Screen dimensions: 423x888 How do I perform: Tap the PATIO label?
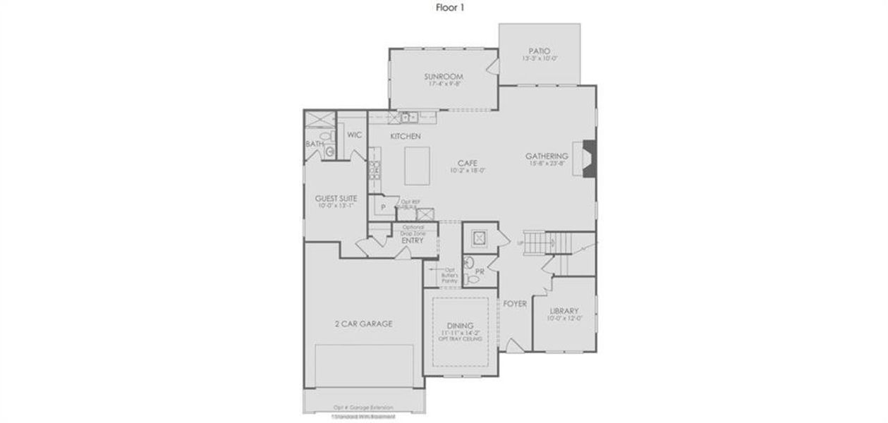[540, 51]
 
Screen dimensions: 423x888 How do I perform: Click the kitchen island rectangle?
[417, 165]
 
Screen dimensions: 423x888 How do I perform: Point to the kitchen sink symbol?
[408, 117]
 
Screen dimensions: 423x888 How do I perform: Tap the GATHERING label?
[547, 156]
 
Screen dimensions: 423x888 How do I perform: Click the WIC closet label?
[354, 135]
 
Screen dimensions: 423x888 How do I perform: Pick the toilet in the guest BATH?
[324, 135]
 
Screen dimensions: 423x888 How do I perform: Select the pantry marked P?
[382, 207]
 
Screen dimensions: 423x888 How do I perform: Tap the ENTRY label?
[412, 240]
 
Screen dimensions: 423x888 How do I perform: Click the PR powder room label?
[480, 271]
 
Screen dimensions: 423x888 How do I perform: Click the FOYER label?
[514, 304]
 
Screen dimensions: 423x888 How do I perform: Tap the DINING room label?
[461, 325]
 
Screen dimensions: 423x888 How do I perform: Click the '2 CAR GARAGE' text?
[363, 324]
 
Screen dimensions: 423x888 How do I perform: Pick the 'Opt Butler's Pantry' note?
[450, 275]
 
